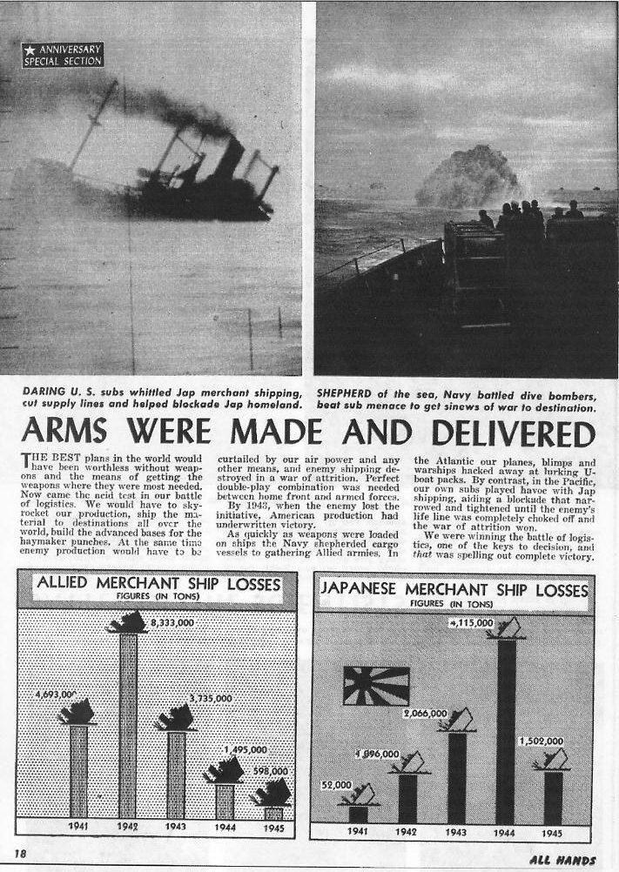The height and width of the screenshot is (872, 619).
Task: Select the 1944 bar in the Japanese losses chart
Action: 506,731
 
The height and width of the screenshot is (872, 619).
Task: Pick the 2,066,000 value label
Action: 425,713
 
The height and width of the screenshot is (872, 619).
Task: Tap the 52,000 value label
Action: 335,784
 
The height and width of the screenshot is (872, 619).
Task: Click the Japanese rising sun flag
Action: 376,686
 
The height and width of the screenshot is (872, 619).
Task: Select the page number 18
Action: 18,855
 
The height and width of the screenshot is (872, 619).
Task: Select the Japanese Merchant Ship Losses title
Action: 454,588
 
